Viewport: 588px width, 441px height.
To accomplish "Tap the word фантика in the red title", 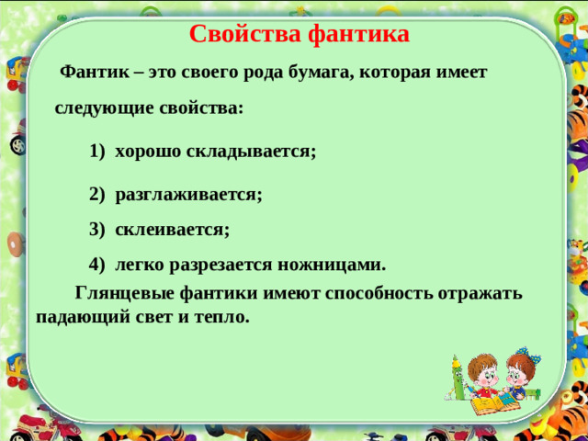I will (x=359, y=35).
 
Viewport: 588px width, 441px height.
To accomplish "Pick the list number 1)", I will (x=98, y=152).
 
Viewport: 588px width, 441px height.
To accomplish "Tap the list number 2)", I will (x=98, y=195).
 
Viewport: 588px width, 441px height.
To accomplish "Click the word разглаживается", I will (x=188, y=195).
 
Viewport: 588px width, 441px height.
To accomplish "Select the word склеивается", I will (x=172, y=229).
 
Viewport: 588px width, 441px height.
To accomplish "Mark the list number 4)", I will (x=98, y=265).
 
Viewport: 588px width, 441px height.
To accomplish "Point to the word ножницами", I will (x=334, y=265).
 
